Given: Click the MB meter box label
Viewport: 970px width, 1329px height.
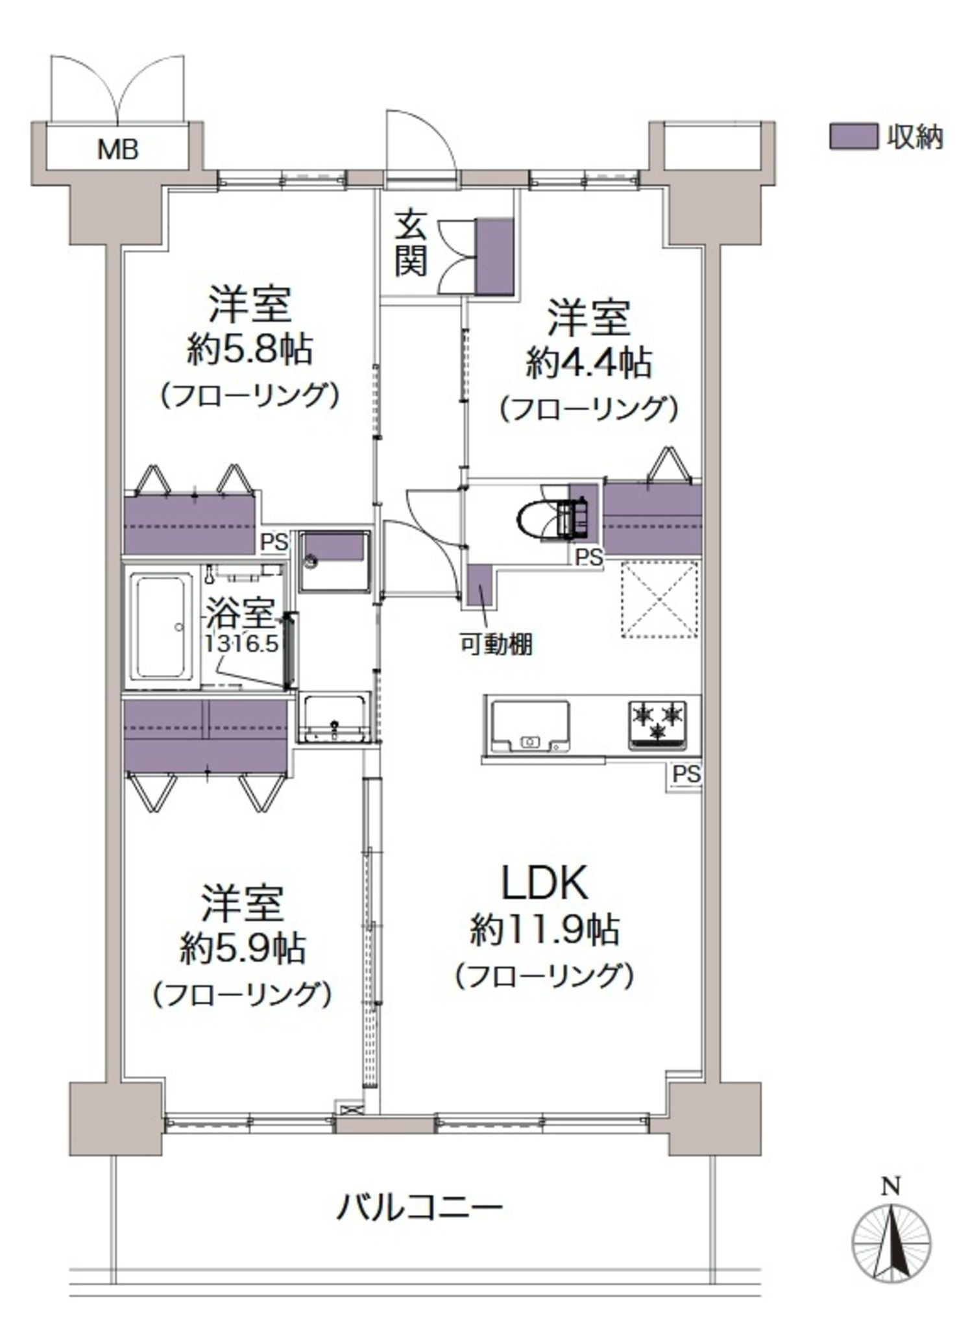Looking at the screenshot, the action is (x=118, y=151).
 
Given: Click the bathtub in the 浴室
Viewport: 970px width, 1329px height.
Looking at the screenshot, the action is (x=162, y=626).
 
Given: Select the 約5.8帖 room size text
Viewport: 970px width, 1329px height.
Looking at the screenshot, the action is (x=250, y=350).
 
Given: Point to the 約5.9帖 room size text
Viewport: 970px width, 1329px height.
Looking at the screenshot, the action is (x=243, y=949).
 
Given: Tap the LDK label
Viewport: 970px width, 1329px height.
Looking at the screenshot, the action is (x=546, y=881).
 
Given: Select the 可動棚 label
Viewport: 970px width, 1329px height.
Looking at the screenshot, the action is (x=496, y=644).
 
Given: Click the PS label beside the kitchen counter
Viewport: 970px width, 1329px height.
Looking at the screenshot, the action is (x=686, y=774).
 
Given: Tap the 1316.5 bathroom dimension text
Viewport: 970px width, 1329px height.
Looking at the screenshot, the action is (x=241, y=643).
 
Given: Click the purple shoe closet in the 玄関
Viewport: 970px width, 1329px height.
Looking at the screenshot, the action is (x=495, y=257).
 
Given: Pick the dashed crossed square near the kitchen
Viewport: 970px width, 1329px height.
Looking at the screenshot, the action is (x=660, y=600).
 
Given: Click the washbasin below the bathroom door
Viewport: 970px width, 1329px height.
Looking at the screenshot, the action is (x=333, y=716).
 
